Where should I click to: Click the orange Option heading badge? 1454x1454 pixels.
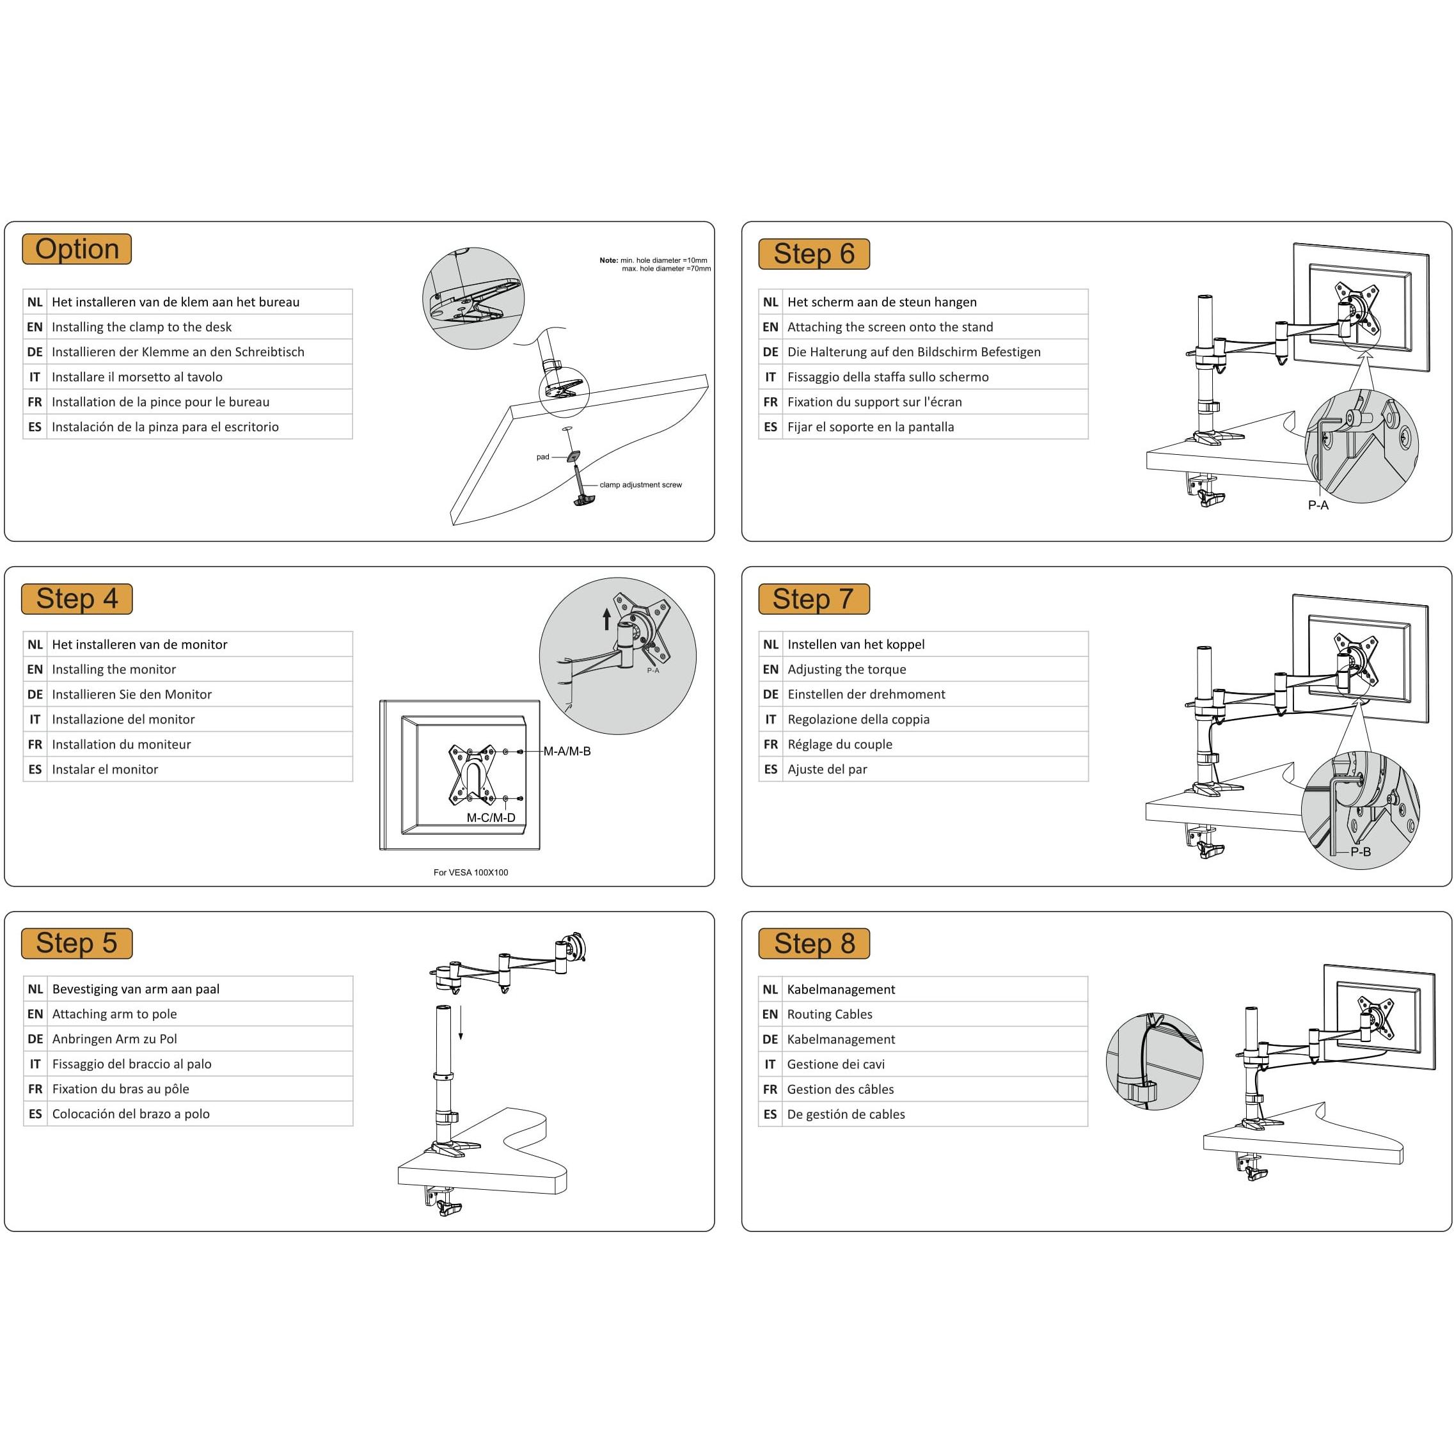(77, 249)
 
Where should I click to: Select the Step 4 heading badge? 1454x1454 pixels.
(77, 599)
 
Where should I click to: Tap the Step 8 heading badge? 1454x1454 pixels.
(814, 943)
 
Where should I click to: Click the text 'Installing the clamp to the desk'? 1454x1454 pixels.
(141, 327)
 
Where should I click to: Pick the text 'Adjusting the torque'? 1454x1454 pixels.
(847, 669)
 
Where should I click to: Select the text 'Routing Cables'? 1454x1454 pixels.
(830, 1014)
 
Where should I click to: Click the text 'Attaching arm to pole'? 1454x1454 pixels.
(115, 1014)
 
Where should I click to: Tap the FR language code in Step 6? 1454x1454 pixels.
(771, 402)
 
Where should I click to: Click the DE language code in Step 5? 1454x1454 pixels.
(35, 1039)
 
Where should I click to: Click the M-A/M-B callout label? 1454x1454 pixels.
(567, 751)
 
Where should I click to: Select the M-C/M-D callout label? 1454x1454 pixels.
(491, 818)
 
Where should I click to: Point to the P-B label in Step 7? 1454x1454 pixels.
(1361, 852)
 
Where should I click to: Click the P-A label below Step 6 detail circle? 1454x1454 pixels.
(1318, 505)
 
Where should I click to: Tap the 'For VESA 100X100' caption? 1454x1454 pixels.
(470, 873)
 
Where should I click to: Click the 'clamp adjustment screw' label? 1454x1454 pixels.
(640, 485)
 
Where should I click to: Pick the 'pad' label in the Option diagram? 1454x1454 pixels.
(542, 457)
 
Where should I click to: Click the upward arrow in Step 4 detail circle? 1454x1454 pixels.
(606, 619)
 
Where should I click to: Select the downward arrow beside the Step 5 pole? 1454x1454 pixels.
(461, 1024)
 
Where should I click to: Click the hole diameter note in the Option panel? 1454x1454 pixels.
(655, 264)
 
